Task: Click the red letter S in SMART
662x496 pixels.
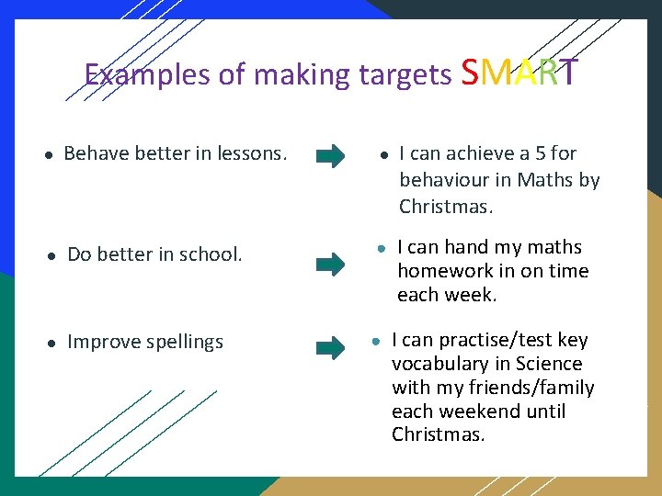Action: click(x=470, y=71)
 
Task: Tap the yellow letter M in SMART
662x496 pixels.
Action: click(x=495, y=71)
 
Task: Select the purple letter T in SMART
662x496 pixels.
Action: click(x=569, y=71)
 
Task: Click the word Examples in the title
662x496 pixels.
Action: click(x=147, y=73)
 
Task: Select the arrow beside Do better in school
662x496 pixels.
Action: click(x=330, y=265)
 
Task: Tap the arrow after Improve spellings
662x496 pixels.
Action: click(x=330, y=348)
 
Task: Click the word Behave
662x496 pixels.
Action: click(x=96, y=153)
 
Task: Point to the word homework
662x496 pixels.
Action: click(x=443, y=271)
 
